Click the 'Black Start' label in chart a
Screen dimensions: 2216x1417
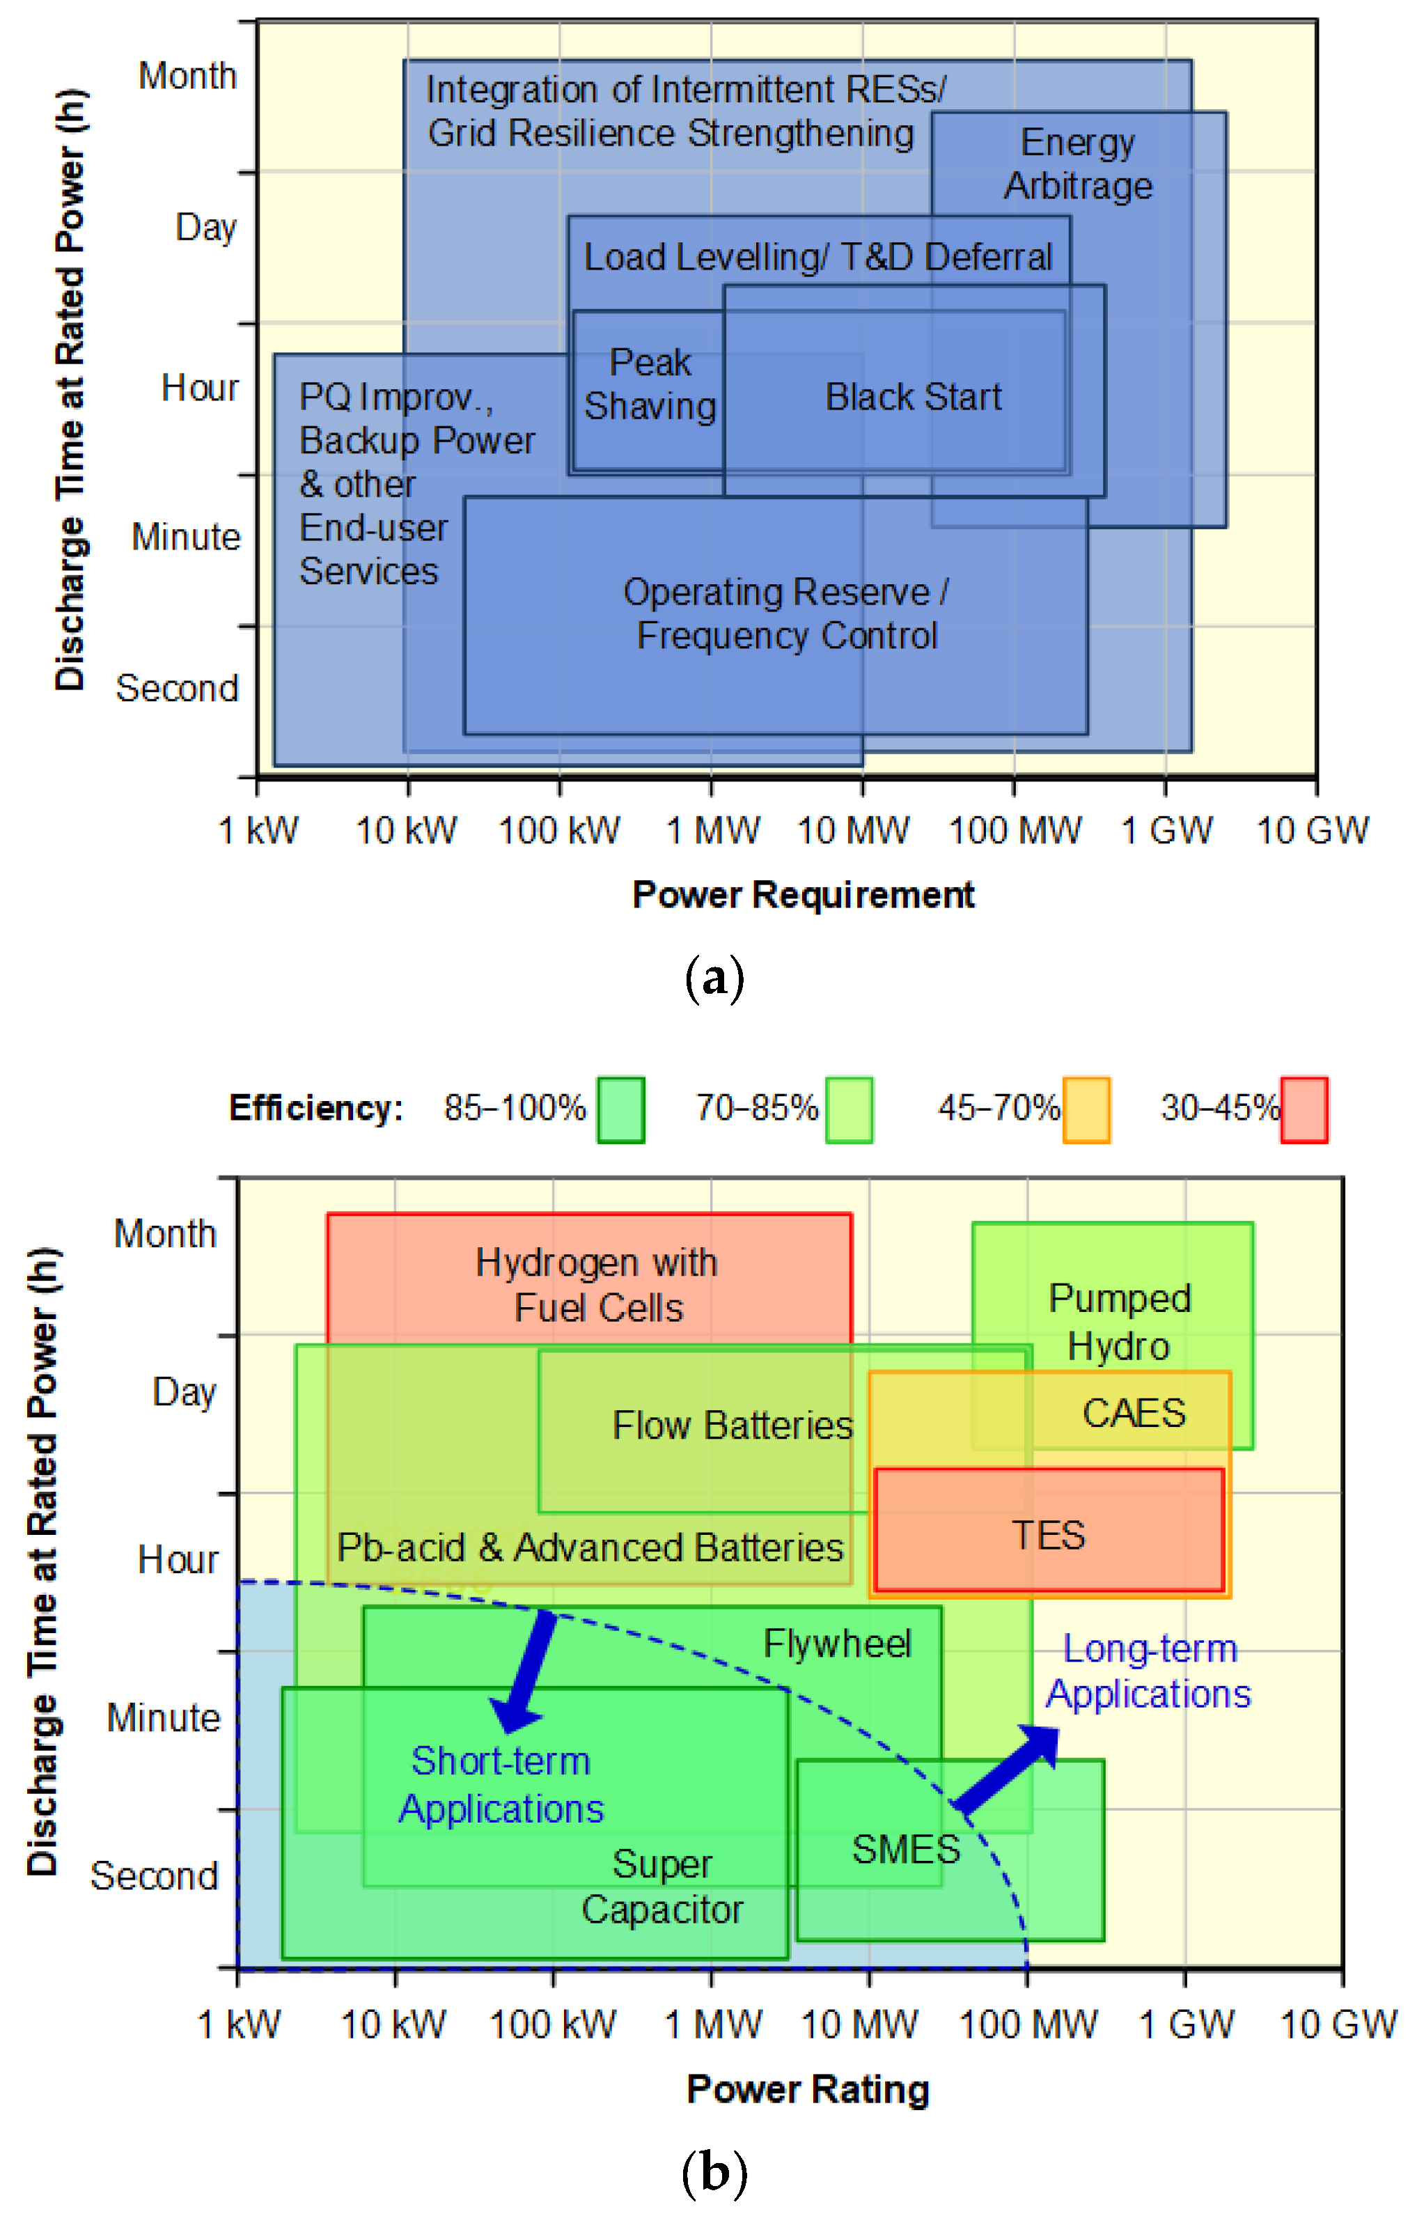(x=913, y=397)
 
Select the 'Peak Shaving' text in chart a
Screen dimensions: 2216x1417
(x=650, y=384)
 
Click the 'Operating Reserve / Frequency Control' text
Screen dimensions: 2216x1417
(x=787, y=614)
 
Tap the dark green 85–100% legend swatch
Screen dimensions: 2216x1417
(x=620, y=1109)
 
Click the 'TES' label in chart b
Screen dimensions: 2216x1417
(x=1048, y=1535)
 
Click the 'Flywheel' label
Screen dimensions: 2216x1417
(x=837, y=1644)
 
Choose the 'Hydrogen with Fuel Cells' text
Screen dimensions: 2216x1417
(x=596, y=1285)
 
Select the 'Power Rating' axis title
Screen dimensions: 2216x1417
(x=807, y=2089)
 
